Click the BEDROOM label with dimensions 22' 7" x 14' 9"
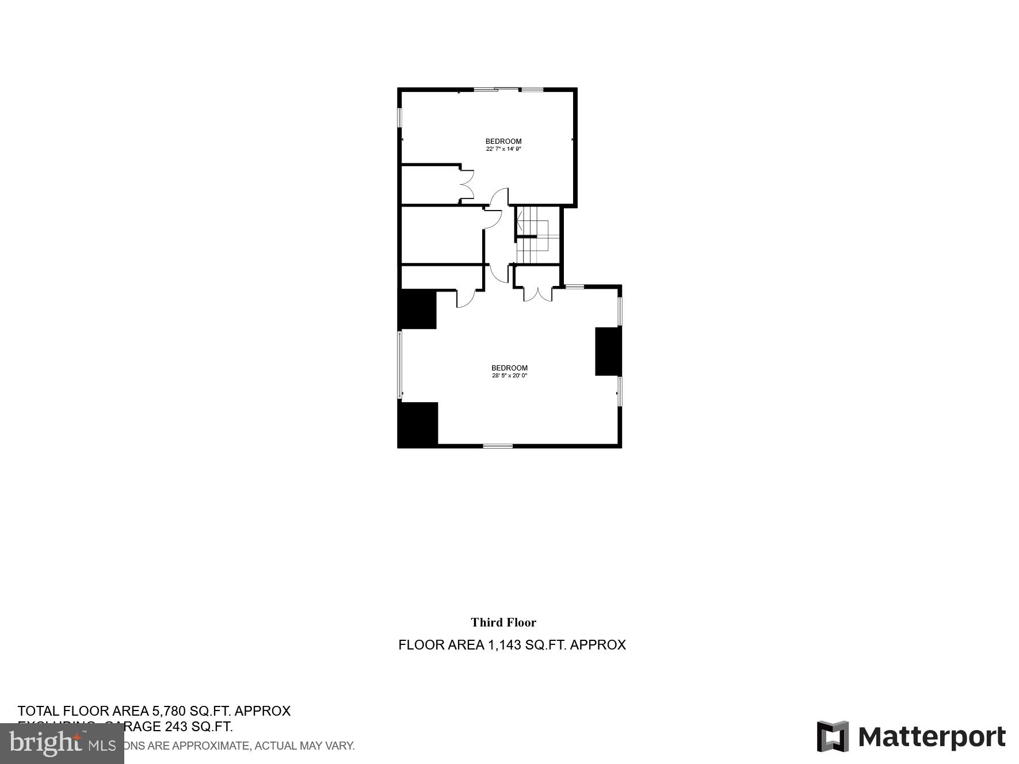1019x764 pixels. tap(503, 142)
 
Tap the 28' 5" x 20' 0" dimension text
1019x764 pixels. tap(509, 376)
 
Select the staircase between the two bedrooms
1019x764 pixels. tap(537, 235)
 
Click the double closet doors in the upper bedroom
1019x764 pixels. tap(466, 184)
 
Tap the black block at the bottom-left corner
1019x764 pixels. tap(418, 425)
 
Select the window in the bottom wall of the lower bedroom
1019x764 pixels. tap(498, 446)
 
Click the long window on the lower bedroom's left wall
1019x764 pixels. tap(400, 365)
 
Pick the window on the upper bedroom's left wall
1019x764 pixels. tap(400, 117)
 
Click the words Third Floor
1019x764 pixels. tap(503, 622)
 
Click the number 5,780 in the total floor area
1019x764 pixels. tap(169, 711)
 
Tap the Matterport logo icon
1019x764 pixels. tap(833, 736)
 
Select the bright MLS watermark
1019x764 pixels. tap(62, 743)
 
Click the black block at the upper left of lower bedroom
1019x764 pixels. tap(417, 310)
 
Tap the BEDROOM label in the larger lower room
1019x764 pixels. tap(509, 368)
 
